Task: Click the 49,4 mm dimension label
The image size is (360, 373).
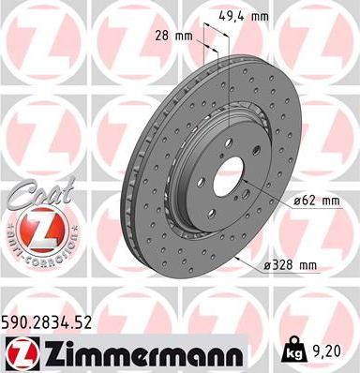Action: (x=248, y=16)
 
